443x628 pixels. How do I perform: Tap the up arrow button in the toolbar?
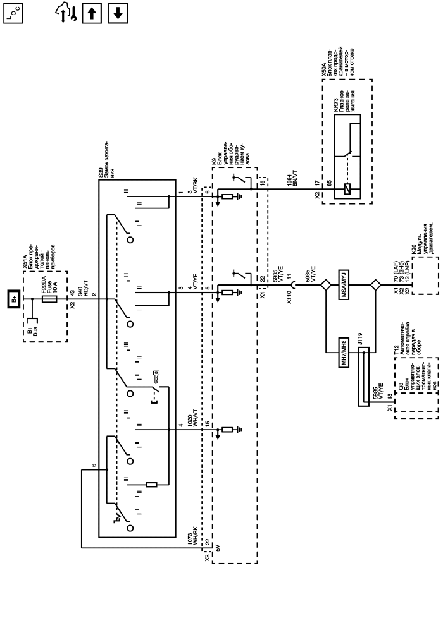click(x=93, y=13)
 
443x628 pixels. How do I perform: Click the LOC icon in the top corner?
click(x=13, y=13)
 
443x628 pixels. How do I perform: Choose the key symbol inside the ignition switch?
click(x=155, y=380)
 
